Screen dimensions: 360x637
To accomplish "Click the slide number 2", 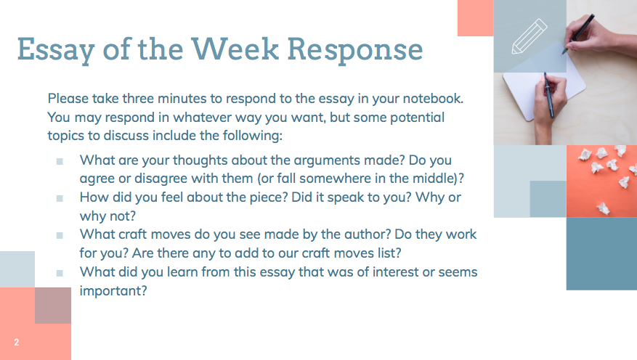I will coord(16,342).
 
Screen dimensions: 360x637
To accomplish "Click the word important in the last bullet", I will coord(113,290).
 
